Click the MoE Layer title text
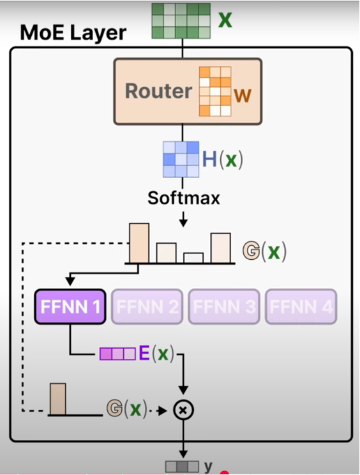(73, 33)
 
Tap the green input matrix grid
(181, 21)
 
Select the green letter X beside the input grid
(225, 20)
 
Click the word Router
(158, 91)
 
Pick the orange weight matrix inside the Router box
(214, 91)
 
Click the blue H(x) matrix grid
(181, 160)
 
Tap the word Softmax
(184, 198)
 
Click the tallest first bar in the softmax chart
(139, 243)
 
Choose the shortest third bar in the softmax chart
(193, 258)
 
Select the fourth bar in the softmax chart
(220, 248)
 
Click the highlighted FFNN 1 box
(70, 306)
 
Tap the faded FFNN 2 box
(147, 306)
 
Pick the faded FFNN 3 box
(224, 306)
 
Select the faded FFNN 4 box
(301, 306)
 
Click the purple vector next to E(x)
(117, 354)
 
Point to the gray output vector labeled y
(182, 467)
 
